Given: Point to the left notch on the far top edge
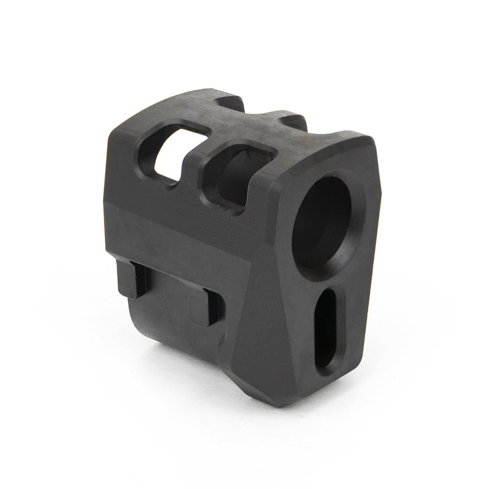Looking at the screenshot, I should [230, 103].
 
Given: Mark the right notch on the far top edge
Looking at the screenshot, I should [293, 121].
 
